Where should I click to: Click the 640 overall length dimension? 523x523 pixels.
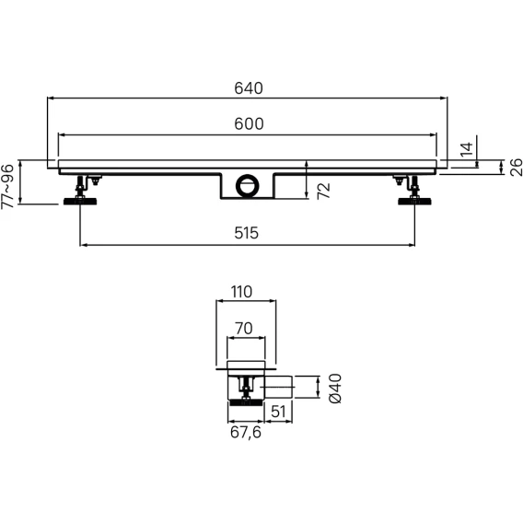click(249, 88)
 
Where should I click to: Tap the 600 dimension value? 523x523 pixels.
click(249, 124)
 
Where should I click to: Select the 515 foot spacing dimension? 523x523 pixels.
click(246, 233)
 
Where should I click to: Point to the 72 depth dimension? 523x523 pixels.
click(323, 191)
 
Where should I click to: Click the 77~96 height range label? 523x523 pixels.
click(8, 186)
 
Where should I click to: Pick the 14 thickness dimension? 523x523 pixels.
click(467, 149)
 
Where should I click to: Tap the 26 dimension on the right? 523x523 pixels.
click(516, 168)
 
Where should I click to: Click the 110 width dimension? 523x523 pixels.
click(241, 292)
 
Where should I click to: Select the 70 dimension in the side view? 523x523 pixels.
click(244, 329)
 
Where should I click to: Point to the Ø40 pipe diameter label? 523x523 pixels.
click(335, 389)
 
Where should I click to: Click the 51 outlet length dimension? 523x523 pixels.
click(278, 412)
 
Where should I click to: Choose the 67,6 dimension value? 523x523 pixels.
click(246, 433)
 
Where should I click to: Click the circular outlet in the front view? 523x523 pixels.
click(247, 185)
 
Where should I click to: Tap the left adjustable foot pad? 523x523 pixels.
click(80, 201)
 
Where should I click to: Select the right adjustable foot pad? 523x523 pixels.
click(414, 201)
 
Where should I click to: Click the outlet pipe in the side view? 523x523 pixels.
click(279, 387)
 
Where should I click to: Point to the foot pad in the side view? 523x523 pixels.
click(246, 403)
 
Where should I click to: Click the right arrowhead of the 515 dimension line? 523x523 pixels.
click(412, 245)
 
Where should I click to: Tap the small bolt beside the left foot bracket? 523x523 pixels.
click(96, 180)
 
